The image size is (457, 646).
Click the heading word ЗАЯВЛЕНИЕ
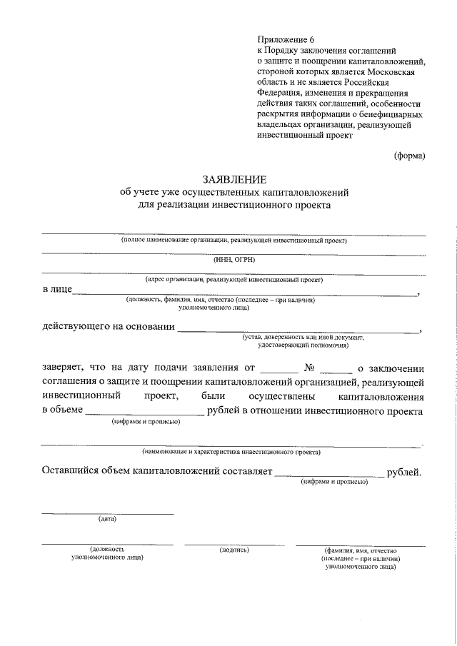tap(233, 179)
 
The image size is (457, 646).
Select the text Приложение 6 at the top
tap(285, 40)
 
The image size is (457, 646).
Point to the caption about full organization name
tap(233, 241)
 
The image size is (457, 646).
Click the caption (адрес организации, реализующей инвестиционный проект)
tap(233, 281)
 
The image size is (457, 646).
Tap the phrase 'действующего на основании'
tap(109, 327)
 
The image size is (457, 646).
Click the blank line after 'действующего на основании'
tap(298, 330)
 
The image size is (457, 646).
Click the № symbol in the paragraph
tap(310, 369)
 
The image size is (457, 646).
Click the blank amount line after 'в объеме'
tap(145, 414)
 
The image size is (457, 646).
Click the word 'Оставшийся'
tap(73, 471)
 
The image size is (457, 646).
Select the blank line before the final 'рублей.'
tap(329, 475)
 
